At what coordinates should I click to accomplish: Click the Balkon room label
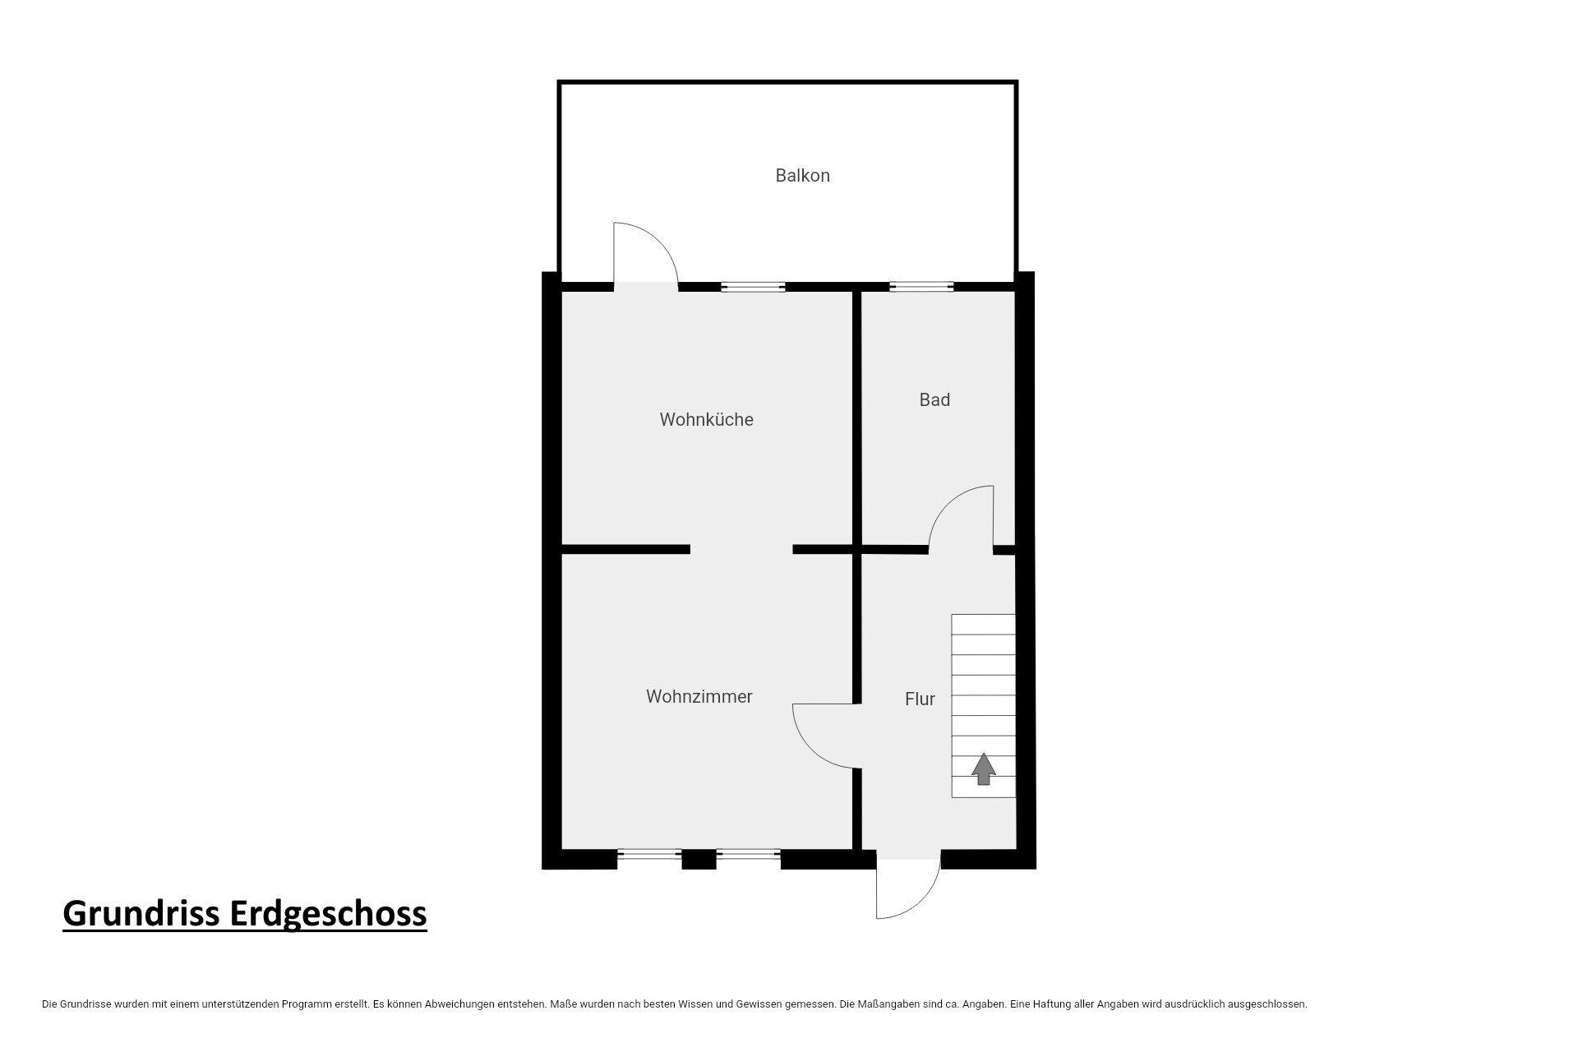click(802, 175)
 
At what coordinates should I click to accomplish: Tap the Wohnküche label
click(706, 419)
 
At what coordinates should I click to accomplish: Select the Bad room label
click(934, 399)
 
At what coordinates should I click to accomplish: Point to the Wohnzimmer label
click(699, 696)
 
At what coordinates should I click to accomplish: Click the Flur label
click(920, 699)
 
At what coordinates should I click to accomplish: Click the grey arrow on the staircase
click(984, 768)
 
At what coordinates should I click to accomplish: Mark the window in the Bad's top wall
click(921, 287)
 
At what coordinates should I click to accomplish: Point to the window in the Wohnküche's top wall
click(753, 287)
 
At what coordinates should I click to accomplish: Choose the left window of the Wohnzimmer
click(649, 855)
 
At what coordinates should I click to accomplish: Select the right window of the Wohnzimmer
click(748, 855)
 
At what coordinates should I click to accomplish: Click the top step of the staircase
click(983, 625)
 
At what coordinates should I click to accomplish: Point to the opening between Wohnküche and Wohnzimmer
click(741, 549)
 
